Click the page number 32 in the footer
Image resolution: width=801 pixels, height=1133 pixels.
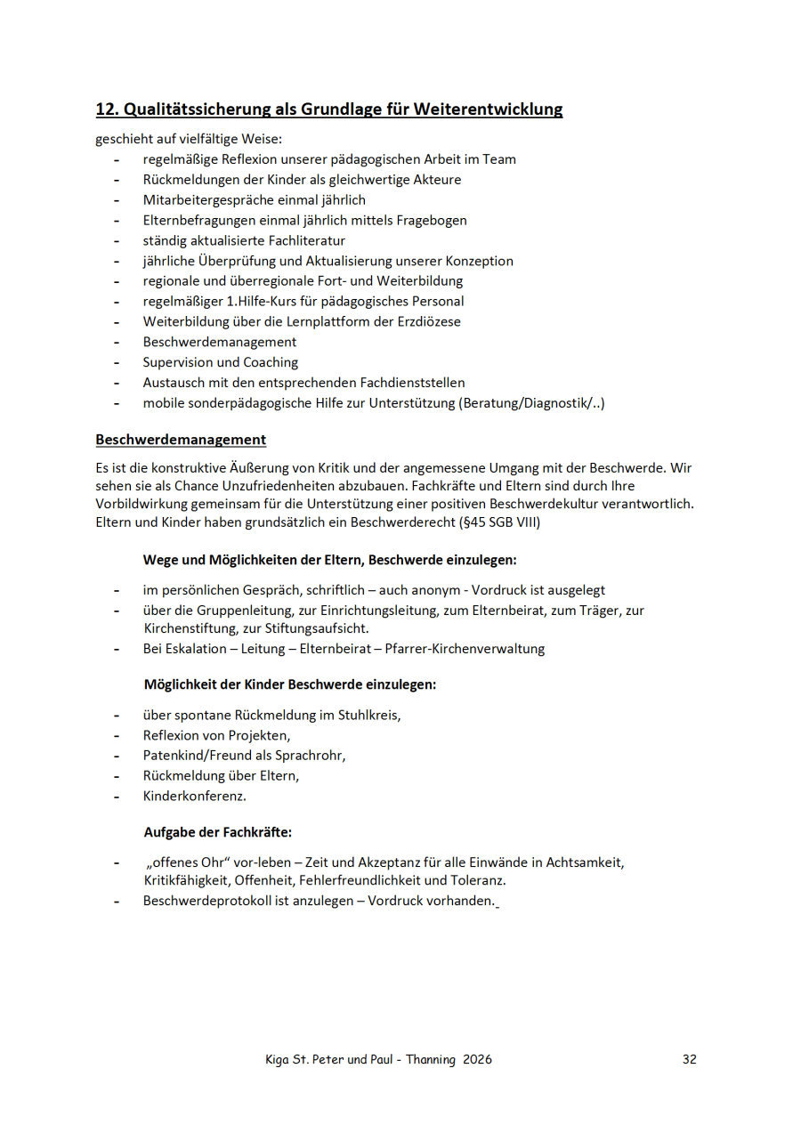pos(689,1059)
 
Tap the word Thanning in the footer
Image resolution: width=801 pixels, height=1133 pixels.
pos(431,1059)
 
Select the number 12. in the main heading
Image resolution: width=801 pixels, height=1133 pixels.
pos(107,109)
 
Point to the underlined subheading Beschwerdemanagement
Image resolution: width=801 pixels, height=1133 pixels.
pos(181,440)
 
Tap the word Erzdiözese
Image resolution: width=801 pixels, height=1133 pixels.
pos(426,321)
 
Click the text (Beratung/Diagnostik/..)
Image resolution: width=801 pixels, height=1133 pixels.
pos(531,403)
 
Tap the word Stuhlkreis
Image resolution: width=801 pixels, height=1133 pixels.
pos(375,715)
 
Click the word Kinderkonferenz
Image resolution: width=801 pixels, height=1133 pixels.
pos(194,797)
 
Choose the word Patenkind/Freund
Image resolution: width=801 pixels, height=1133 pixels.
pos(196,756)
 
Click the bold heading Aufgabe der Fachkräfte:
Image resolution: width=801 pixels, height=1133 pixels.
pos(218,833)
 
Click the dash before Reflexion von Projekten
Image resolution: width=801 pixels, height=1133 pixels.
pos(117,735)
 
